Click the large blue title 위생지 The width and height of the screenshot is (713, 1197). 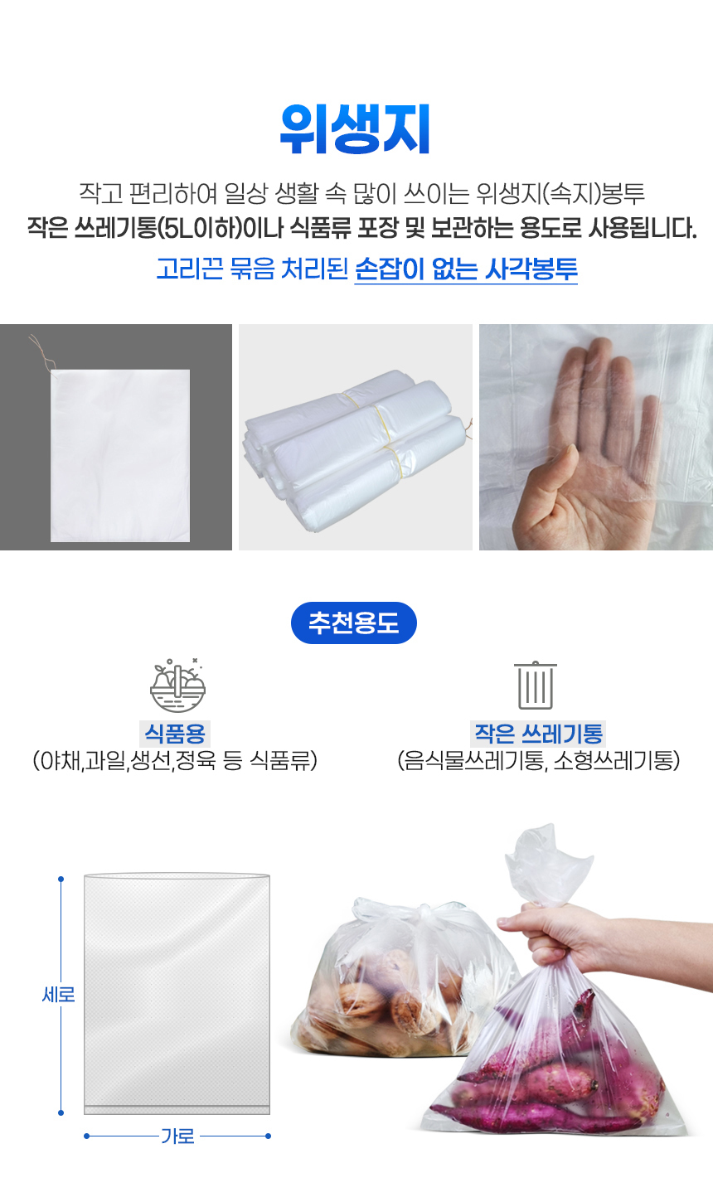pyautogui.click(x=355, y=128)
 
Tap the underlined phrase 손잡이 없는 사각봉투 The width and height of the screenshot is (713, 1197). pyautogui.click(x=466, y=269)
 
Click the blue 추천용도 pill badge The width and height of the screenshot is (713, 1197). pyautogui.click(x=354, y=623)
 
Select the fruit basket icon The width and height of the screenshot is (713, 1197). pyautogui.click(x=177, y=686)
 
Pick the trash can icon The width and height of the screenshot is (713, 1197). pyautogui.click(x=535, y=685)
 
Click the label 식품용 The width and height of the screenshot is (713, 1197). pyautogui.click(x=175, y=733)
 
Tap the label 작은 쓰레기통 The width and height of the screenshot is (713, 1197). pyautogui.click(x=539, y=733)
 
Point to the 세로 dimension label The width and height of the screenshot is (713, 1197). pyautogui.click(x=58, y=995)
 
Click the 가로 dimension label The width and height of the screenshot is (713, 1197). pyautogui.click(x=177, y=1136)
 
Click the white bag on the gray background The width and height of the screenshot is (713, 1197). pyautogui.click(x=120, y=455)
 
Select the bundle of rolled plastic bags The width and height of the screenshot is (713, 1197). pyautogui.click(x=355, y=450)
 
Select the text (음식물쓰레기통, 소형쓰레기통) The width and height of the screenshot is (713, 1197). pyautogui.click(x=539, y=760)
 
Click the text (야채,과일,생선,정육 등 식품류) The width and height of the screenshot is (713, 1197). pyautogui.click(x=175, y=760)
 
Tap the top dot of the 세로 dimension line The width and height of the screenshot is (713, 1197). pyautogui.click(x=61, y=879)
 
